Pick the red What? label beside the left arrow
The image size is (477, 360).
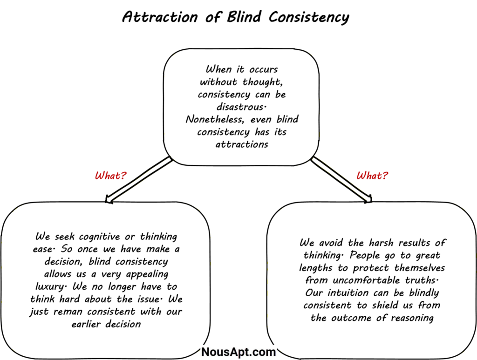click(110, 176)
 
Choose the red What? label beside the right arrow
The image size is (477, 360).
click(372, 176)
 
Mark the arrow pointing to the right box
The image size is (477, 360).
click(341, 180)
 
